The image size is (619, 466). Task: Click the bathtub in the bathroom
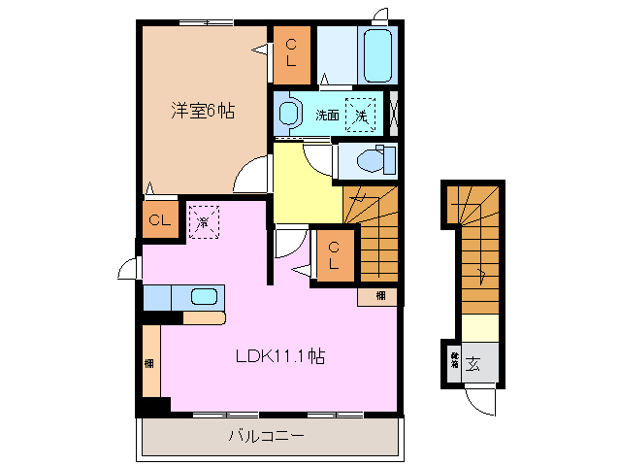click(376, 55)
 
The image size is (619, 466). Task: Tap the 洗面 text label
click(326, 115)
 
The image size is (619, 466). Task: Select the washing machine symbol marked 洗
click(361, 115)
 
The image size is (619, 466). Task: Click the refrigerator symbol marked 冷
click(204, 222)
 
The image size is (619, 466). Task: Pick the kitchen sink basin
click(204, 297)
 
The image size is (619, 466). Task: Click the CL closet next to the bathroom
click(291, 55)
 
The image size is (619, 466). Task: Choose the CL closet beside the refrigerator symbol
click(159, 220)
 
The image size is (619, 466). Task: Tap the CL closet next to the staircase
click(333, 255)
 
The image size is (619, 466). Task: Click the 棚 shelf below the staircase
click(380, 295)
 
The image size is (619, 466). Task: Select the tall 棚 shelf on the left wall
click(150, 362)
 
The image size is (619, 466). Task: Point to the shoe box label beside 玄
click(453, 364)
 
